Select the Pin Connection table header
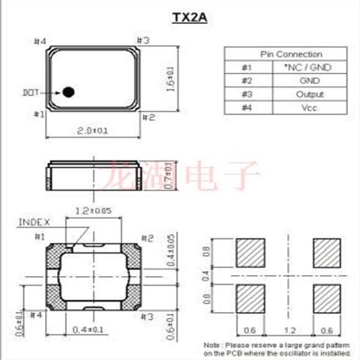pos(291,54)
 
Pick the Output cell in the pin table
pos(310,94)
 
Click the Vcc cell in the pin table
pos(310,108)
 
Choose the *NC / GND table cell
pos(310,67)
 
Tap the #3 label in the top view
pos(143,40)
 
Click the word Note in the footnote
pos(212,345)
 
